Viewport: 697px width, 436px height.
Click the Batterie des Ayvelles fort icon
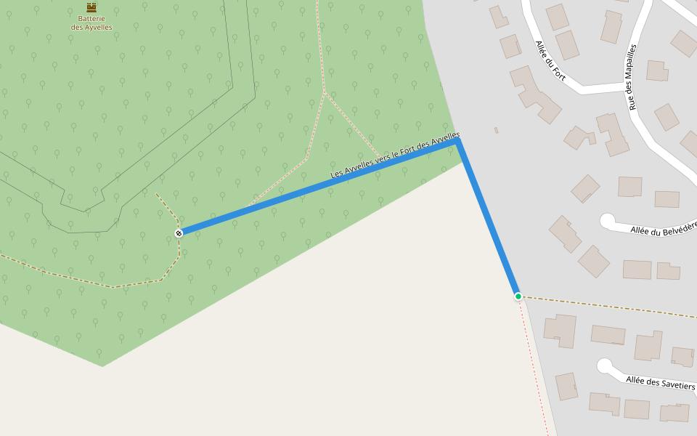91,7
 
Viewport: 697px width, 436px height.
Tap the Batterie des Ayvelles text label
91,23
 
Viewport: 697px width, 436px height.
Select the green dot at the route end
518,296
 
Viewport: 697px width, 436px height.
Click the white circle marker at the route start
179,233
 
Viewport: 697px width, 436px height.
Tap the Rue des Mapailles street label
632,76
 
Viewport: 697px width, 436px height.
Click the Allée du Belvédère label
663,229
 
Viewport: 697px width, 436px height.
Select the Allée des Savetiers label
660,382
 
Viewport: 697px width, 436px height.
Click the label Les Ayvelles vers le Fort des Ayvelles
395,155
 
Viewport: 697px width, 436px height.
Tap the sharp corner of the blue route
459,141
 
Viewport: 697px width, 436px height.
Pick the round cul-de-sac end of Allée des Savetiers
603,366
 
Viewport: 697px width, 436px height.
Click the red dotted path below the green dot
534,363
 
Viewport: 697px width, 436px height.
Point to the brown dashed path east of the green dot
610,307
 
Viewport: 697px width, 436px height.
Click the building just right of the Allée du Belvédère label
668,271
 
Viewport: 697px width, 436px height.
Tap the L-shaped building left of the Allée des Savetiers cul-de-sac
560,330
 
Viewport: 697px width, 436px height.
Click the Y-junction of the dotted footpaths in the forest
325,92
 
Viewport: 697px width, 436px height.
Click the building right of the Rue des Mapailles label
657,71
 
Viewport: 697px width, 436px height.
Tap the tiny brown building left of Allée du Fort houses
497,130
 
